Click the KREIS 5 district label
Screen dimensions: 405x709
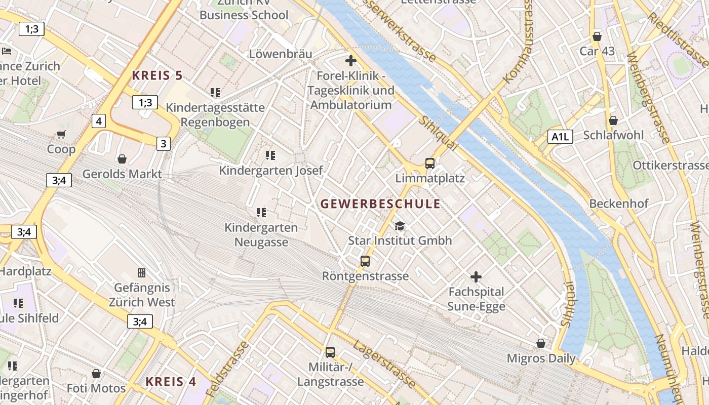click(x=157, y=76)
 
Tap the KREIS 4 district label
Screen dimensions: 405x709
click(x=171, y=382)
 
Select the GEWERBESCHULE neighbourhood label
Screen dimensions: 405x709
click(x=380, y=204)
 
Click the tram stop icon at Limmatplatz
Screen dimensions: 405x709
click(x=430, y=163)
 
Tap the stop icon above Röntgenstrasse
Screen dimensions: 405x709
click(x=365, y=261)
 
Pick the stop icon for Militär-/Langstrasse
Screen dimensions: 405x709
click(x=330, y=352)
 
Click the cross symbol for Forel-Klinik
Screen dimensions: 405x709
click(x=351, y=61)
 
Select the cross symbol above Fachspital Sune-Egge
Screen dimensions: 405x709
click(x=476, y=277)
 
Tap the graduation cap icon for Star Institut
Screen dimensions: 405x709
click(x=400, y=226)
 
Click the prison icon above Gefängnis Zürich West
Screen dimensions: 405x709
click(x=142, y=273)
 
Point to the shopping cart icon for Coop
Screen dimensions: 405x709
click(x=61, y=134)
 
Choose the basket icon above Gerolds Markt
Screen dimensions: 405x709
click(x=122, y=159)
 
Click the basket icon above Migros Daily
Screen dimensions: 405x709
click(x=541, y=343)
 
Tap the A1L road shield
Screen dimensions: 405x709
click(x=560, y=136)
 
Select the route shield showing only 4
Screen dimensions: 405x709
click(x=99, y=121)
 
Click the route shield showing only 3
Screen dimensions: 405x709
click(x=163, y=144)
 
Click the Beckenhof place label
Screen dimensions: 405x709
click(x=619, y=204)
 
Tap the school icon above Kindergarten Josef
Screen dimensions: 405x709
click(x=270, y=155)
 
